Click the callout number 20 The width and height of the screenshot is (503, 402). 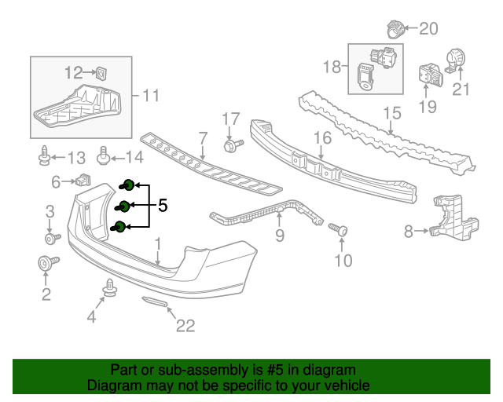[x=428, y=29]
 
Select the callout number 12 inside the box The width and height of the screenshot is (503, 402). [x=73, y=73]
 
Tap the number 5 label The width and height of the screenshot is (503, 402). [x=163, y=206]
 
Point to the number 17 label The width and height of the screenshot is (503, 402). [x=230, y=119]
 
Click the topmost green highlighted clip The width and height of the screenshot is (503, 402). [x=127, y=186]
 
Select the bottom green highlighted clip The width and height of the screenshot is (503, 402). [x=120, y=228]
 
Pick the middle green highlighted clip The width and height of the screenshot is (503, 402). [x=123, y=207]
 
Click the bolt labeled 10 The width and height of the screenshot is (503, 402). [x=340, y=230]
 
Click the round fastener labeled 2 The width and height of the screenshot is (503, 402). [x=45, y=263]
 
